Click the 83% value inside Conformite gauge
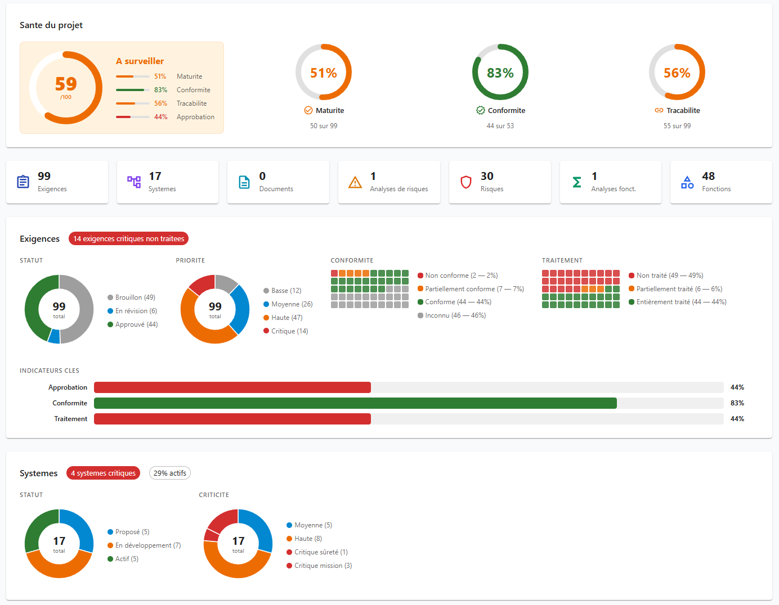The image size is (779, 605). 500,73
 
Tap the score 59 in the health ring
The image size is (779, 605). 66,84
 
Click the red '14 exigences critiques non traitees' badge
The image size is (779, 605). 128,239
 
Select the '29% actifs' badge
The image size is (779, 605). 169,473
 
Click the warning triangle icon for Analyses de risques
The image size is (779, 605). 355,182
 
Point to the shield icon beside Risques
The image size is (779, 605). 466,182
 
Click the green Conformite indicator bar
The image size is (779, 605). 355,403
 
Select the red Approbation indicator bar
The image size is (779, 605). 232,387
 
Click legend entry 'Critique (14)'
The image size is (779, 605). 289,331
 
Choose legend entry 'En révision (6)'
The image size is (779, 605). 136,311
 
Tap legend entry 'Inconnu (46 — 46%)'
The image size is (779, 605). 455,315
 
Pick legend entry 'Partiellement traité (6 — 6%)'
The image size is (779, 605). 679,289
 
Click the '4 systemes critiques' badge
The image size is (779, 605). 103,473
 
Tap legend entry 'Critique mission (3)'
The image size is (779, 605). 323,566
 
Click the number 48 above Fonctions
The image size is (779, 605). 708,177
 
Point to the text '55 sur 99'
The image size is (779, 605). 677,126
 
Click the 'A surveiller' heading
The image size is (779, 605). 140,61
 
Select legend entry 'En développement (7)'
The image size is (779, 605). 147,545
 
